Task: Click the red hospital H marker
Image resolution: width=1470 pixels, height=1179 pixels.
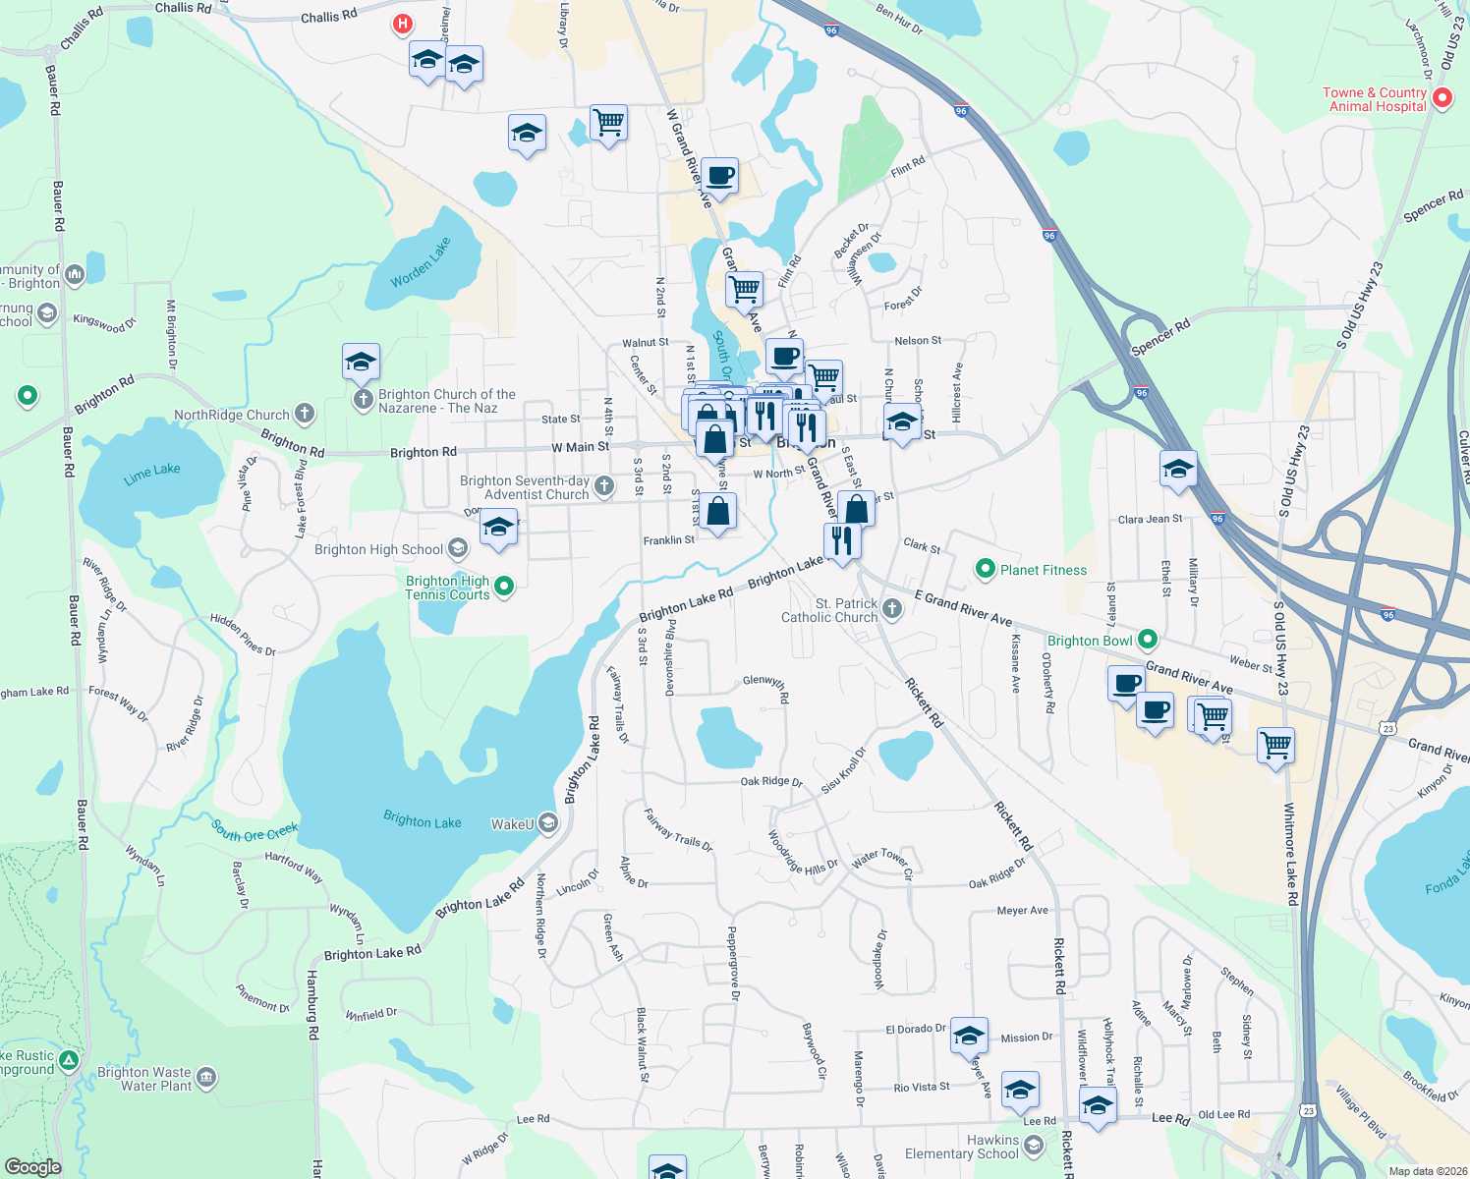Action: (402, 24)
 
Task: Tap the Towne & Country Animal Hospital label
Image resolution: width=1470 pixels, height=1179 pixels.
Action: (1375, 99)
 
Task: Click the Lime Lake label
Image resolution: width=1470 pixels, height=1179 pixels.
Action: (152, 475)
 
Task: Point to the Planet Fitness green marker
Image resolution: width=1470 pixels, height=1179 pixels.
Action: (985, 569)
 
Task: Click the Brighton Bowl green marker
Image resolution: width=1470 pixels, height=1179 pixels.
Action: (1147, 640)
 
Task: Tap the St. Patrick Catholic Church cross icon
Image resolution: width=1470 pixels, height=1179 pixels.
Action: (892, 609)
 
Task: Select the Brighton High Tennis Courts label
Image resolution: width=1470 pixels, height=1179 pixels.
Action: (447, 588)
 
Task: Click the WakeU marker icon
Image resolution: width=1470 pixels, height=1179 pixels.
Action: (548, 823)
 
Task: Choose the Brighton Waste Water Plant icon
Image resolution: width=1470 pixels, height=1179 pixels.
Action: (206, 1078)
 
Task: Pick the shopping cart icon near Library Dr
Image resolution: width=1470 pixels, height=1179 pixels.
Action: (608, 123)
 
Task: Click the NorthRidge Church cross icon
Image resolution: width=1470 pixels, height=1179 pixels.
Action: (305, 414)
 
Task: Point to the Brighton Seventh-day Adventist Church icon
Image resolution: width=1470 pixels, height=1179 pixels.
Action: (604, 485)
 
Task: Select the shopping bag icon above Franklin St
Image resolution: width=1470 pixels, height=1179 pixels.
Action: (718, 511)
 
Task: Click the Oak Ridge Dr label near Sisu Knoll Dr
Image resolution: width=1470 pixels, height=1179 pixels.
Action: (770, 781)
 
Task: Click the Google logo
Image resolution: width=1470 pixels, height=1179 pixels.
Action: (32, 1166)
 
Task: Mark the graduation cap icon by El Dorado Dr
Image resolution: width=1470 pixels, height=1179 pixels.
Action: (969, 1035)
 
